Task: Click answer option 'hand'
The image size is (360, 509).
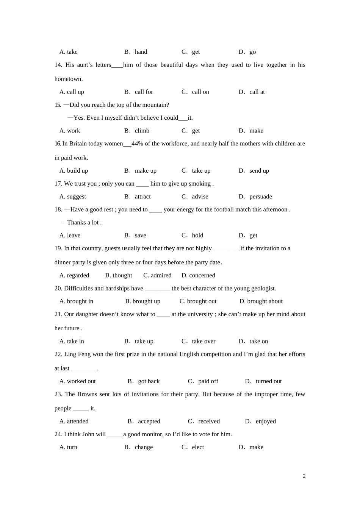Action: pyautogui.click(x=141, y=52)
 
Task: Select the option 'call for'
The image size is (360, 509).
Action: pyautogui.click(x=144, y=92)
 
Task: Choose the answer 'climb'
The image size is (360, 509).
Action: pyautogui.click(x=142, y=131)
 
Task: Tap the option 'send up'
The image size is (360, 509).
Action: pyautogui.click(x=259, y=171)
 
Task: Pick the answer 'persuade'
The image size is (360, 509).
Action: pyautogui.click(x=260, y=197)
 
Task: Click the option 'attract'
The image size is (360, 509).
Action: pyautogui.click(x=142, y=197)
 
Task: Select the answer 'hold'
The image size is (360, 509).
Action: pyautogui.click(x=197, y=235)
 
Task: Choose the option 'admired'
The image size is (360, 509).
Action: pyautogui.click(x=161, y=275)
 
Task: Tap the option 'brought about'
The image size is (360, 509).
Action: pyautogui.click(x=265, y=301)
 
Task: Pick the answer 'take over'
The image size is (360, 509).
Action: pyautogui.click(x=203, y=341)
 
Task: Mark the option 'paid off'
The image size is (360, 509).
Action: pyautogui.click(x=208, y=381)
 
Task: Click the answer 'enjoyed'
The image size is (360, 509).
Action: pyautogui.click(x=266, y=422)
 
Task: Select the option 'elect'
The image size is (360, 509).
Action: pyautogui.click(x=198, y=447)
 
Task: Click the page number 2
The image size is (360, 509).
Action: pyautogui.click(x=304, y=476)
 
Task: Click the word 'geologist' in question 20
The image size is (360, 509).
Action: pyautogui.click(x=263, y=288)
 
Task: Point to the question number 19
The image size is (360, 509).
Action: pyautogui.click(x=58, y=248)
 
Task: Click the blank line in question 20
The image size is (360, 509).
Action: pyautogui.click(x=157, y=289)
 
